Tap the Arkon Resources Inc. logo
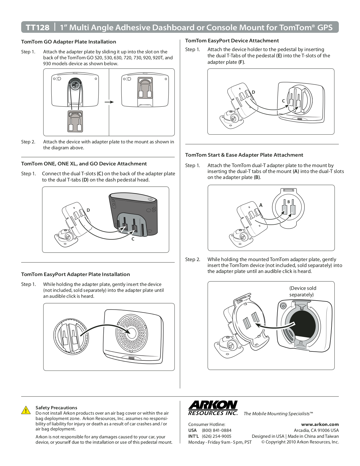coord(213,408)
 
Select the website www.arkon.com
coord(320,424)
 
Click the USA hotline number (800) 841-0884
coord(216,430)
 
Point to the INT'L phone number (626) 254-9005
coord(216,436)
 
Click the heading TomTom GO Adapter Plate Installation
coord(69,42)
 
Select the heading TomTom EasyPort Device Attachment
coord(232,41)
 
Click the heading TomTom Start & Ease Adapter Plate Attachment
coord(244,155)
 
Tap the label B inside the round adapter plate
coord(289,202)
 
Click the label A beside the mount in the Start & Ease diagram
coord(261,205)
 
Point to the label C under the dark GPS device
coord(133,239)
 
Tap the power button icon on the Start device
coord(283,306)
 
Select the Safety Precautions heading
coord(56,408)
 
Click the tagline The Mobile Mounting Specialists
coord(278,414)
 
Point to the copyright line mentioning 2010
coord(300,442)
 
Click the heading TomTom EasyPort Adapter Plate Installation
coord(75,274)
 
